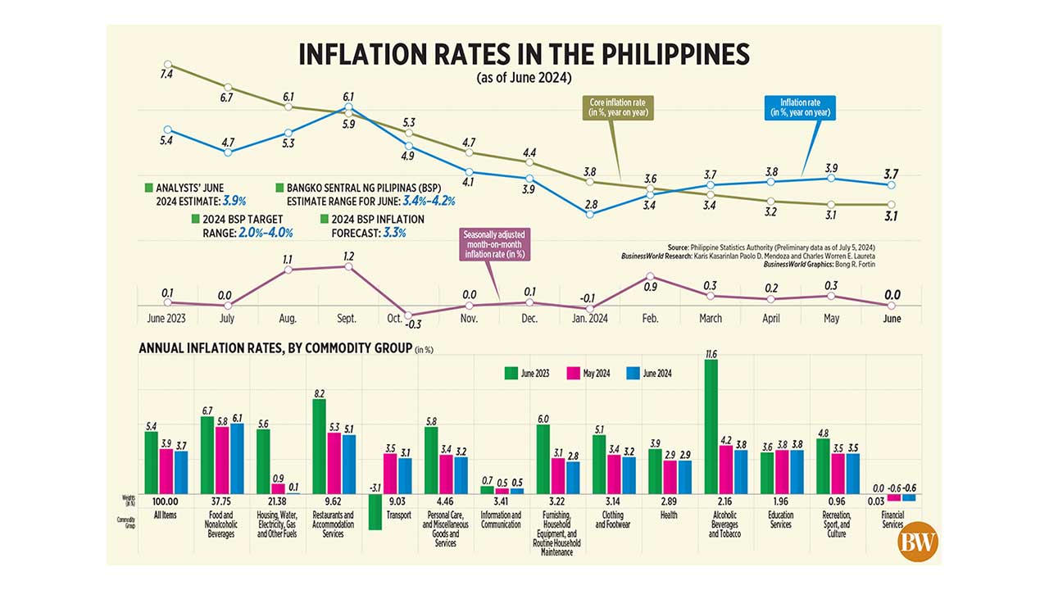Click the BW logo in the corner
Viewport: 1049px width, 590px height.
(918, 542)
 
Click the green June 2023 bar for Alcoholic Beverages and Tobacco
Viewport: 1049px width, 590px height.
(711, 426)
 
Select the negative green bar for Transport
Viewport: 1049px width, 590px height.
(375, 511)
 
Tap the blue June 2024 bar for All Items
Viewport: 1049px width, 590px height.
(181, 472)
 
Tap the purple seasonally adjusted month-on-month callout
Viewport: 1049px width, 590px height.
(494, 243)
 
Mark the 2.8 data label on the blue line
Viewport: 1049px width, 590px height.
(590, 202)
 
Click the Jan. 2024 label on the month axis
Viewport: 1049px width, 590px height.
(588, 318)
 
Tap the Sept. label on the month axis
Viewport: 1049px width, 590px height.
(348, 318)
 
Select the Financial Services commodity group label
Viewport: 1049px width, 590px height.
(892, 520)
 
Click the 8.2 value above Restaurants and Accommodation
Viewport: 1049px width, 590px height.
(319, 393)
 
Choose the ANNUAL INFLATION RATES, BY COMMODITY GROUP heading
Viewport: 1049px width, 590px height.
(275, 348)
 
